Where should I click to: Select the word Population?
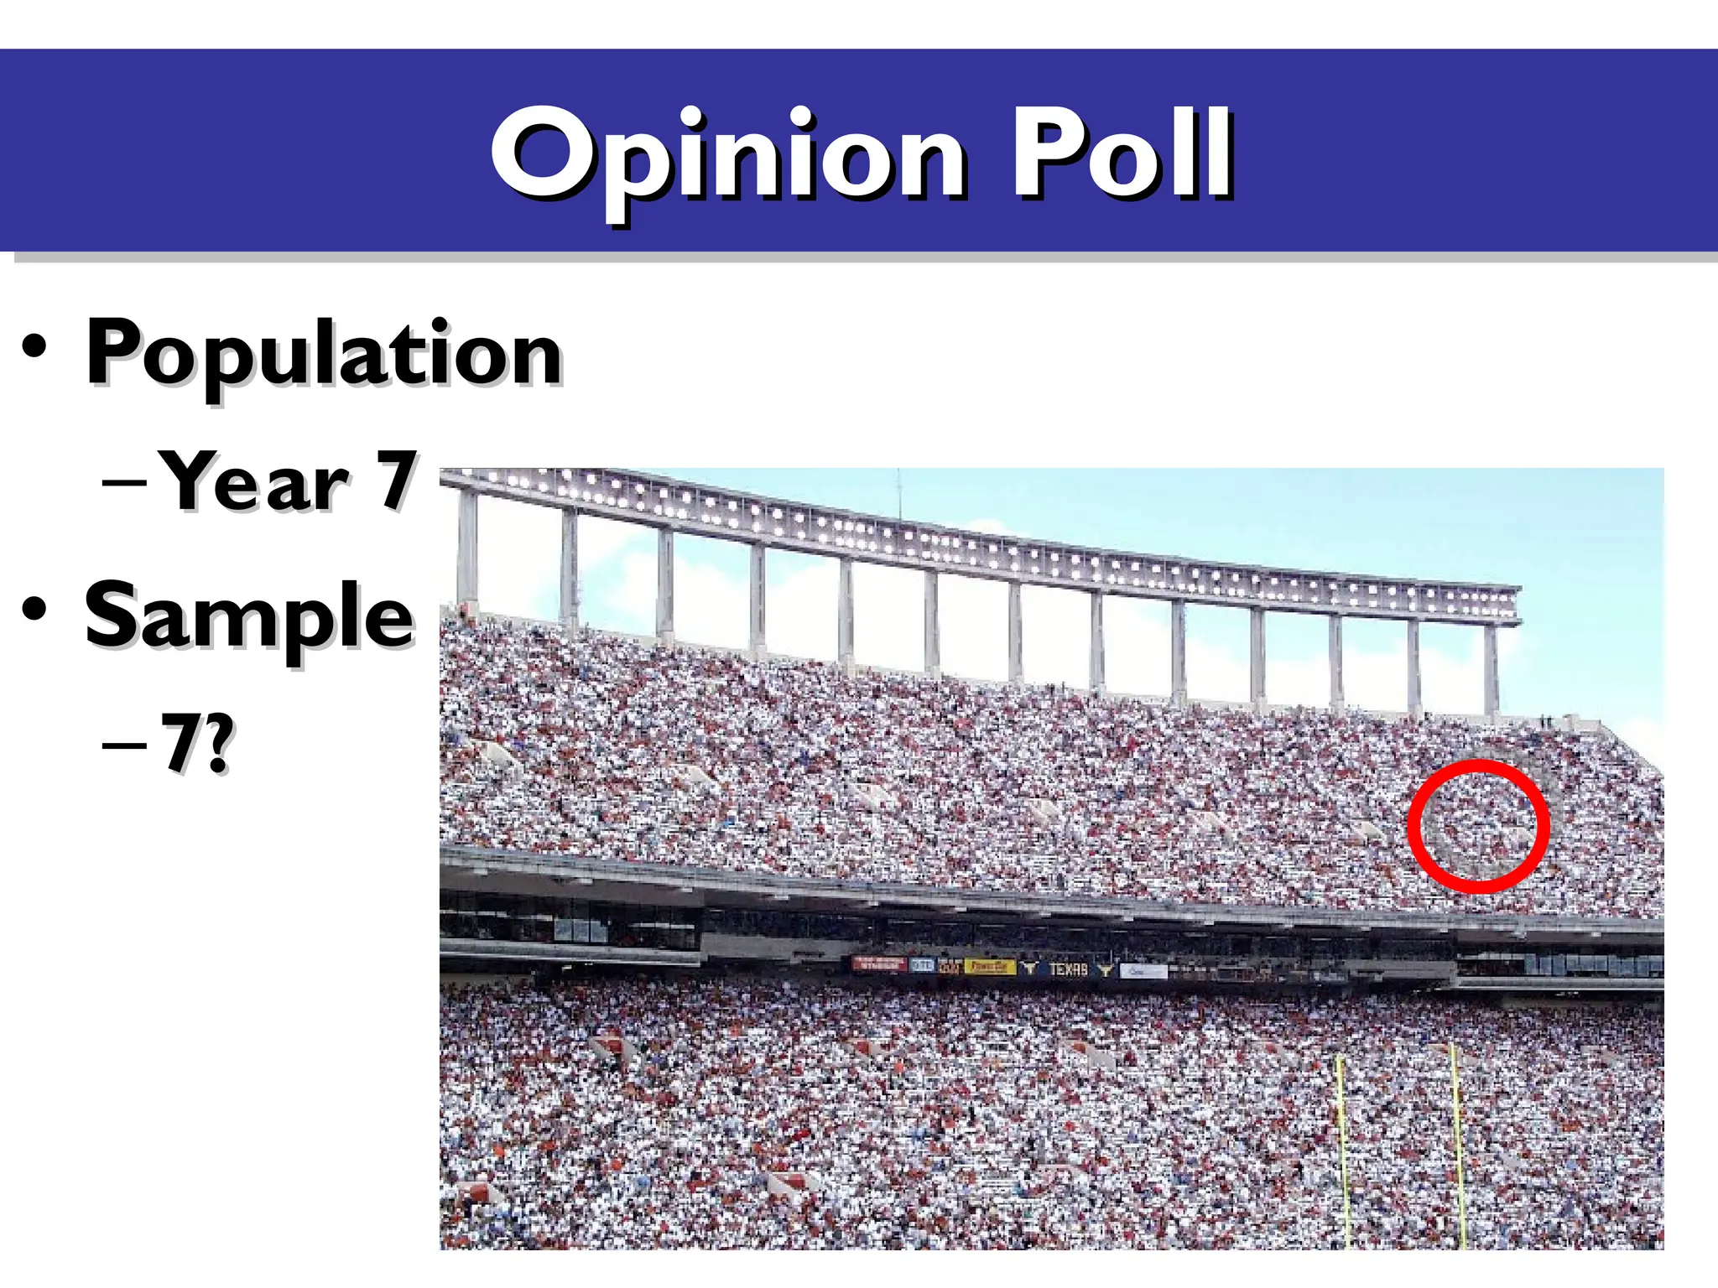click(323, 354)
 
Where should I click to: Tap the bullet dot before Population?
click(35, 347)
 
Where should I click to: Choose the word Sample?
click(249, 617)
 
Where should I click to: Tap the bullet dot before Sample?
click(35, 609)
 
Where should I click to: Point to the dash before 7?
click(125, 744)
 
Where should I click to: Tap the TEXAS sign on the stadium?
click(1068, 969)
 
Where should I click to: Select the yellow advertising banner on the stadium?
click(989, 967)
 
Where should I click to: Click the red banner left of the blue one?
click(879, 964)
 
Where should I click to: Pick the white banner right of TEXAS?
click(1143, 971)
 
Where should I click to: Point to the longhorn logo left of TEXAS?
click(1029, 969)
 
